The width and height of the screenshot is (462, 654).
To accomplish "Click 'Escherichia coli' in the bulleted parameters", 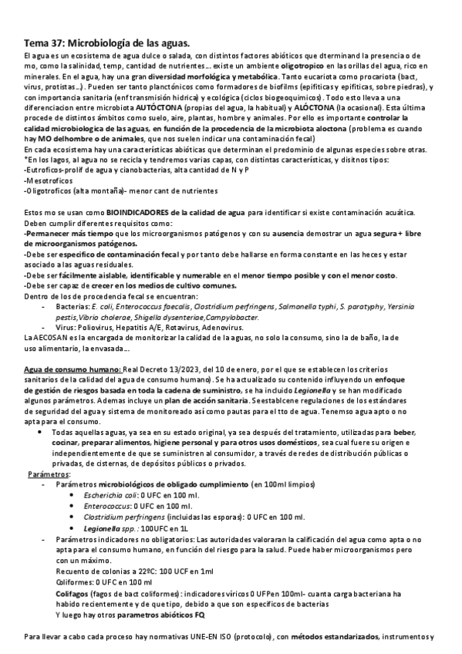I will pos(115,495).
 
